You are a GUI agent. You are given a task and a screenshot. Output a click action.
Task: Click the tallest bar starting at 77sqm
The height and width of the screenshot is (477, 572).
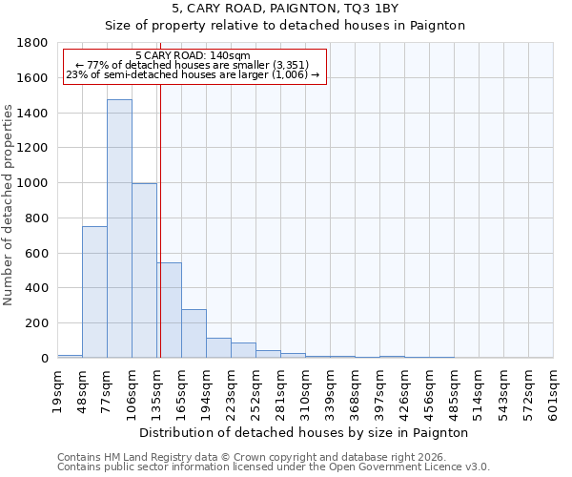[119, 229]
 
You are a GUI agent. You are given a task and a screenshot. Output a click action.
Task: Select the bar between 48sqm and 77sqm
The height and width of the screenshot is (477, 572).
[94, 292]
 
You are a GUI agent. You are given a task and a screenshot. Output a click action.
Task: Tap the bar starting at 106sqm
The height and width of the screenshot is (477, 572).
[144, 271]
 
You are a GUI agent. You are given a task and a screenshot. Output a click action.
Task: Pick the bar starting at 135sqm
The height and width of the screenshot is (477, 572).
[170, 310]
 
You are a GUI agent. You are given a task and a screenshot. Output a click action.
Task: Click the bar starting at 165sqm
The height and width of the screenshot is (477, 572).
[194, 334]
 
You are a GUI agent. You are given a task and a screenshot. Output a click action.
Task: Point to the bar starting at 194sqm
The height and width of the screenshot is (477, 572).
[218, 348]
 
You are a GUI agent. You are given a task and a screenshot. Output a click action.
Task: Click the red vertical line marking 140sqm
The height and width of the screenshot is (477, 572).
[160, 219]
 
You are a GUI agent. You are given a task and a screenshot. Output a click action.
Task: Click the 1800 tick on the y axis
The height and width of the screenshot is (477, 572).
[32, 43]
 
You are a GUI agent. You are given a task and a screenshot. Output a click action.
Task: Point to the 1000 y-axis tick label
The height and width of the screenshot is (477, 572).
[32, 183]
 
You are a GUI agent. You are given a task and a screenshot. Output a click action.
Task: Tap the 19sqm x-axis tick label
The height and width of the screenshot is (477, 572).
[57, 388]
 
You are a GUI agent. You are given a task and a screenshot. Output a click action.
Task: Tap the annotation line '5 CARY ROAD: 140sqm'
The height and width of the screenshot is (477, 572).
[193, 56]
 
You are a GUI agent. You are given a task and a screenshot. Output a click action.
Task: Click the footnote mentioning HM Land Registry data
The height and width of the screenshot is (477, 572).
[242, 458]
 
